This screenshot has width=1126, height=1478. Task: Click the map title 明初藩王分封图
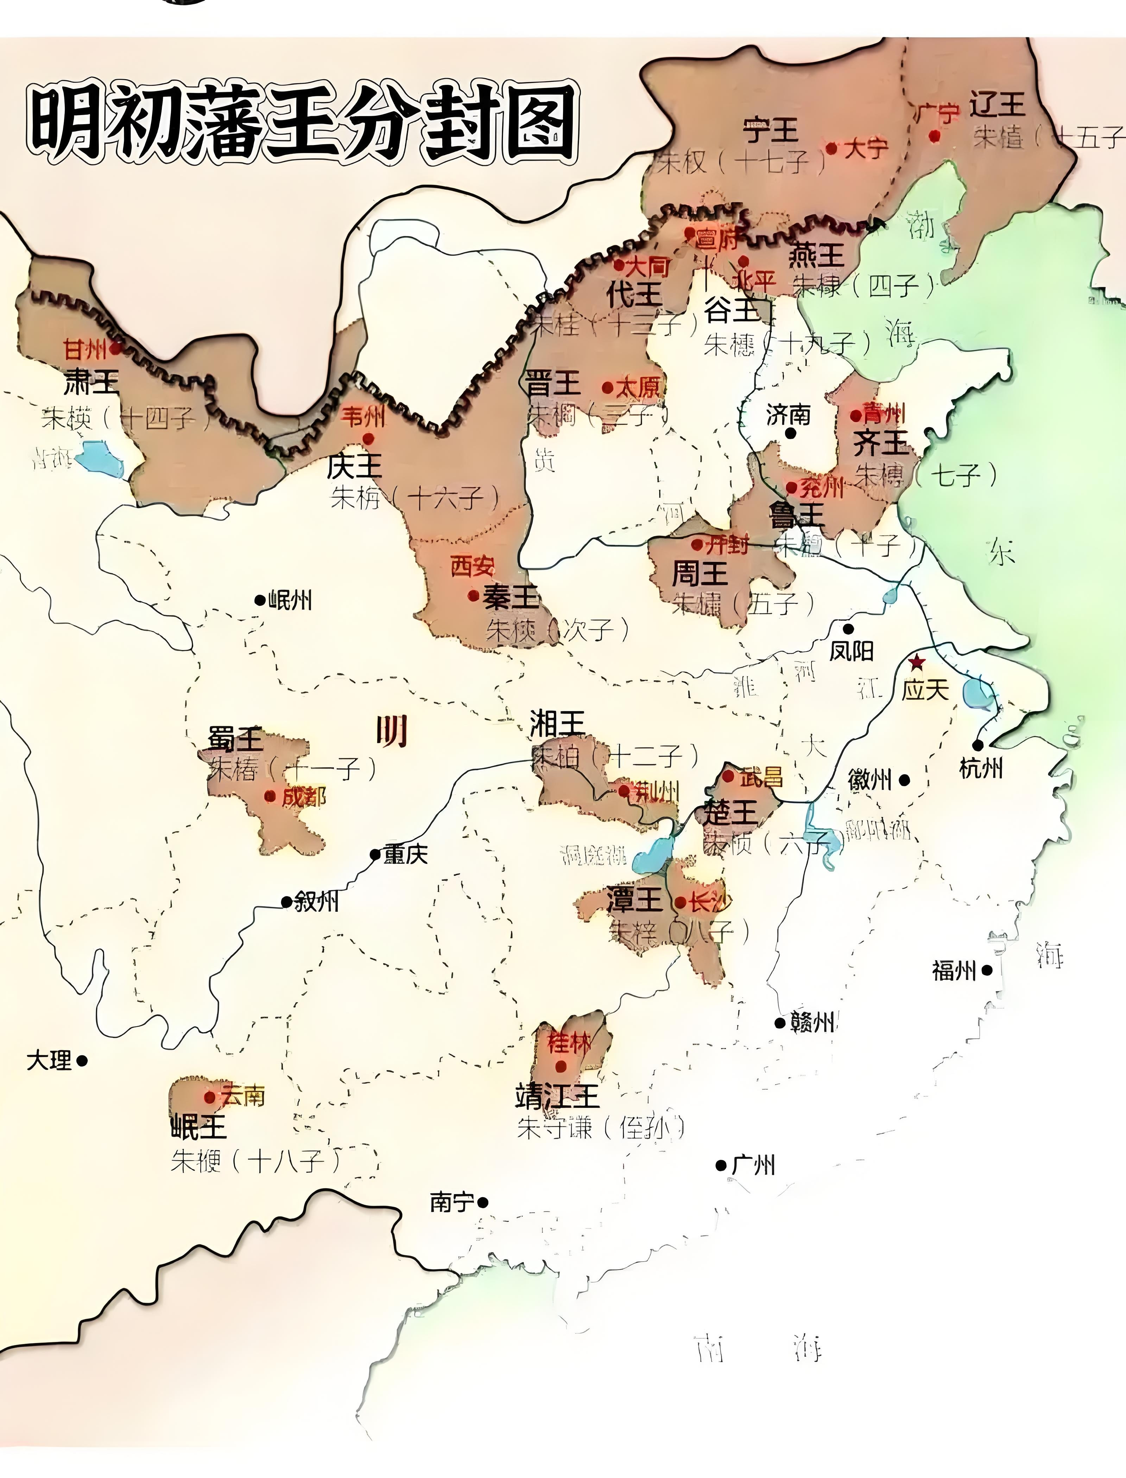(x=302, y=124)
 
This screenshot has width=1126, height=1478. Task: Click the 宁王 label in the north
(x=771, y=130)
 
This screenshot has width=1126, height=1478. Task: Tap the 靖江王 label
(x=557, y=1097)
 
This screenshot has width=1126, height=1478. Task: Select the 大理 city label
(x=49, y=1060)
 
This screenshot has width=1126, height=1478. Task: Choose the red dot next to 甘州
(x=115, y=348)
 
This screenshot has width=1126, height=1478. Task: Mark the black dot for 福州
(x=987, y=969)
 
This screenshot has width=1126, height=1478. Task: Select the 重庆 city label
(x=405, y=855)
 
